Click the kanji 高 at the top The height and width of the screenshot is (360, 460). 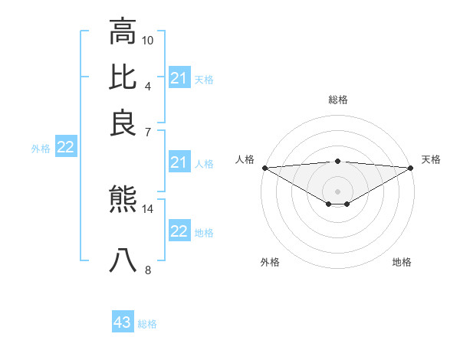coord(123,32)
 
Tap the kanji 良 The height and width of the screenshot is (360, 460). coord(123,123)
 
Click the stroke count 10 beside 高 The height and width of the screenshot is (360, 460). coord(148,39)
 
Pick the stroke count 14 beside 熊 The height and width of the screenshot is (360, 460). coord(148,208)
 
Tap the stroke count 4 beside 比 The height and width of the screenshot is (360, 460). coord(148,85)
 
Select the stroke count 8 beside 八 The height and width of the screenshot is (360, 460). coord(148,270)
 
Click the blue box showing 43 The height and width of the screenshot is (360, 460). coord(123,322)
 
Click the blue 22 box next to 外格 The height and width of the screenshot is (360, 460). coord(65,147)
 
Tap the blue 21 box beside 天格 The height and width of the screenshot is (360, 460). coord(179,78)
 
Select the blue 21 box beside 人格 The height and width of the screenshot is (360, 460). coord(179,162)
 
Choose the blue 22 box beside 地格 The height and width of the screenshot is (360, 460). coord(179,232)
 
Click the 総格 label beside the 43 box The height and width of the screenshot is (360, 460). coord(147,324)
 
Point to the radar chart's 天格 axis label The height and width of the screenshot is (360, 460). coord(431,159)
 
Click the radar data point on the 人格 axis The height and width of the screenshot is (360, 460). coord(264,168)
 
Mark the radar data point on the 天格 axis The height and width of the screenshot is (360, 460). coord(411,168)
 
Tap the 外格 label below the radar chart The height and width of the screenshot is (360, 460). coord(270,262)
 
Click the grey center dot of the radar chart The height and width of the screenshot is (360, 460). coord(337,191)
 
